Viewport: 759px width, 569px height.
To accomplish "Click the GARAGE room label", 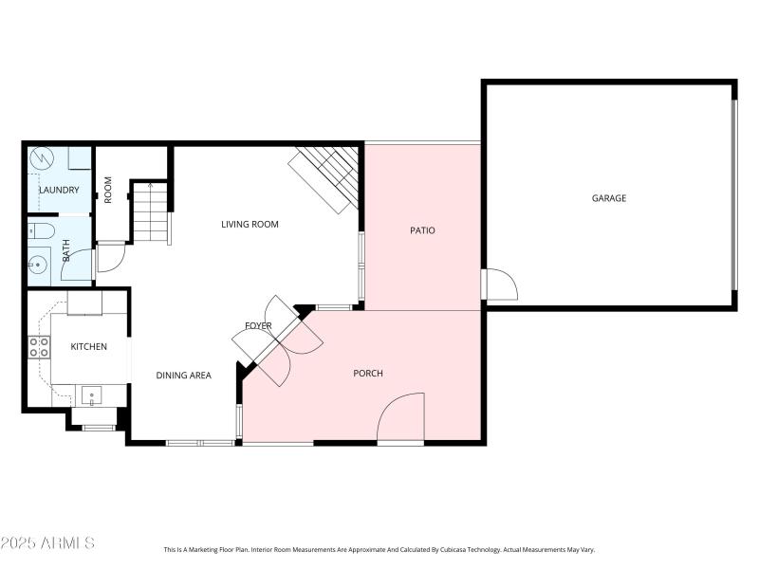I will (609, 198).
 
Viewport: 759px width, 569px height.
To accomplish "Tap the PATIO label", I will (422, 230).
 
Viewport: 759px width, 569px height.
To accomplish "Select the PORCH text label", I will (368, 374).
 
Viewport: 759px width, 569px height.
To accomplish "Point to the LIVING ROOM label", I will (250, 225).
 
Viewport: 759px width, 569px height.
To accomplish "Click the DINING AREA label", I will (183, 376).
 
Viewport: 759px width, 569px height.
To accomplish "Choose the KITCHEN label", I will (89, 347).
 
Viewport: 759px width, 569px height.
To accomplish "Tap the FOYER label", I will (258, 326).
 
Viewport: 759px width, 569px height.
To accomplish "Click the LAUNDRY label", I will (59, 191).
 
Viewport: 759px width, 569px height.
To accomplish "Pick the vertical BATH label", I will (66, 250).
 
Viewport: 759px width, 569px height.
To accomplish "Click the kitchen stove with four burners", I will (39, 347).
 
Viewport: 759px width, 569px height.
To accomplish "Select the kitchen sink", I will (91, 395).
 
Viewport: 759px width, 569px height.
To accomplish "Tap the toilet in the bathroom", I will (41, 229).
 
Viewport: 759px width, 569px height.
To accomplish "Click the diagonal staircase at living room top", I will (324, 177).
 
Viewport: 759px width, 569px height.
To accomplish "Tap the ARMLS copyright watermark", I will (47, 543).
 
